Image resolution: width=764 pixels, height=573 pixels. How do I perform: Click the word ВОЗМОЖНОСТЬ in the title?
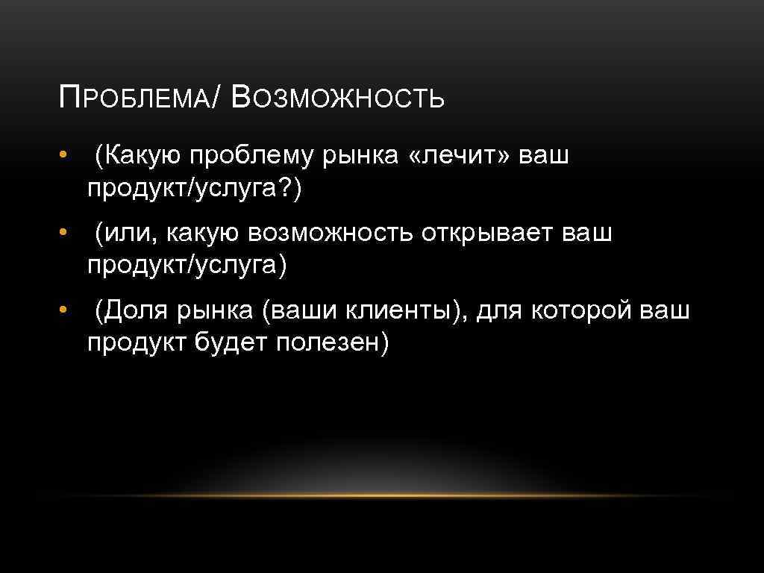point(338,98)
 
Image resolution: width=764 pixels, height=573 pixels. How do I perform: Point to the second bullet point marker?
point(65,234)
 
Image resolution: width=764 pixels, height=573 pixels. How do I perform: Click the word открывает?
point(484,234)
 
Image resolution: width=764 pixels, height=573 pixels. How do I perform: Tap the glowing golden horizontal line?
point(382,495)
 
